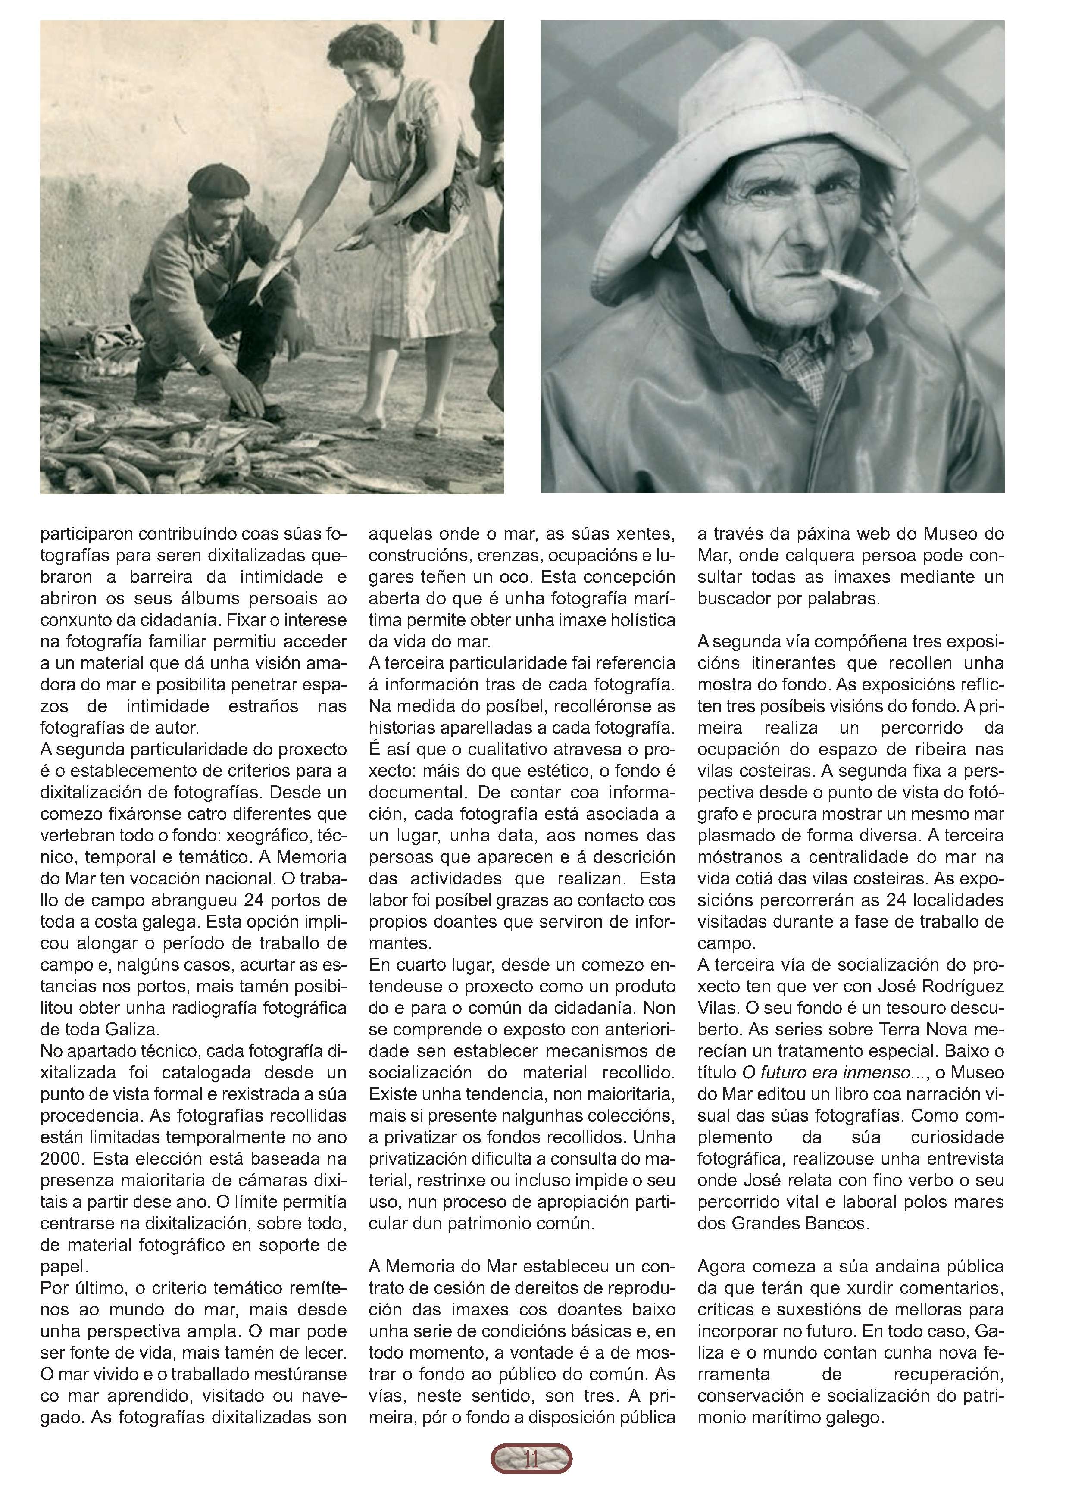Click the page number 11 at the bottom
(531, 1477)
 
